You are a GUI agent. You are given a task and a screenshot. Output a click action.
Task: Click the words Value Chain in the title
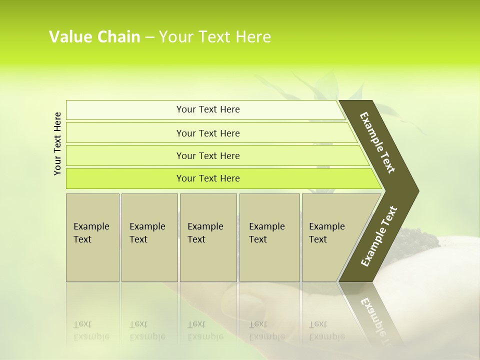pyautogui.click(x=94, y=37)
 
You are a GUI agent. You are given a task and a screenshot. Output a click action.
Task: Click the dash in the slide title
pyautogui.click(x=149, y=37)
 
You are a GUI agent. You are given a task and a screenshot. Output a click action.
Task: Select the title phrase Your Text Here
pyautogui.click(x=215, y=37)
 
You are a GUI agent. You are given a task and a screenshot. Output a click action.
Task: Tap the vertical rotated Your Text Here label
pyautogui.click(x=57, y=143)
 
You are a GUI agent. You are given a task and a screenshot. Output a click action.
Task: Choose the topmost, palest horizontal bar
pyautogui.click(x=208, y=109)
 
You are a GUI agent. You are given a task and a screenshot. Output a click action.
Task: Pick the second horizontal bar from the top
pyautogui.click(x=208, y=133)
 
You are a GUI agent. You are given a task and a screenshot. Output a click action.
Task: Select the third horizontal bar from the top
pyautogui.click(x=208, y=155)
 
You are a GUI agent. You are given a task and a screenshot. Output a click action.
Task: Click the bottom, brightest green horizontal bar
pyautogui.click(x=208, y=178)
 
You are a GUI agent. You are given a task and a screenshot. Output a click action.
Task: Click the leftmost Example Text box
pyautogui.click(x=92, y=237)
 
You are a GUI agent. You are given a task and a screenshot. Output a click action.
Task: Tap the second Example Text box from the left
pyautogui.click(x=149, y=237)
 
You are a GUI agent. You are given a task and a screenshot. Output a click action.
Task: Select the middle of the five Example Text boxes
pyautogui.click(x=208, y=237)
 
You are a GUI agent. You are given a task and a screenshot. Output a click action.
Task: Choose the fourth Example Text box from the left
pyautogui.click(x=269, y=237)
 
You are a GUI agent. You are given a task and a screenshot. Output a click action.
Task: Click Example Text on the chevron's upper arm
pyautogui.click(x=378, y=143)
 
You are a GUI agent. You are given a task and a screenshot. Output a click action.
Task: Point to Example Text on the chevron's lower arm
pyautogui.click(x=378, y=236)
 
